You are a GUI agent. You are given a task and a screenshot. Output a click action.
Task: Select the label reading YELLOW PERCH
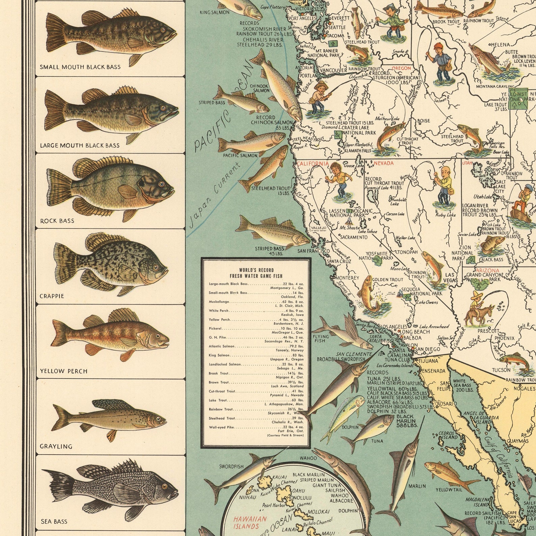64,371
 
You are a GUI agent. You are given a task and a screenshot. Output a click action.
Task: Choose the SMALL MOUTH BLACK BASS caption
80,67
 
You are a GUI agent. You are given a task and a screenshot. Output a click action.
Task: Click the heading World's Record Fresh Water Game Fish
256,273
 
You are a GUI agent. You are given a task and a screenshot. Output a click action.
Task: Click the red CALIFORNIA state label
313,164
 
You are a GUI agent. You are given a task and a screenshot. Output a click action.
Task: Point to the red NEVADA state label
384,163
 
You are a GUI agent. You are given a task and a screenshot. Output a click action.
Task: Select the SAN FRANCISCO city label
314,251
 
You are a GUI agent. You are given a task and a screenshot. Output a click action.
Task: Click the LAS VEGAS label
452,277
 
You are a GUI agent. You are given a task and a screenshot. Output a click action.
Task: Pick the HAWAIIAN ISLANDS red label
250,522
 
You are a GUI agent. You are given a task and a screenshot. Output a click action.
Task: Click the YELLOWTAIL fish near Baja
449,476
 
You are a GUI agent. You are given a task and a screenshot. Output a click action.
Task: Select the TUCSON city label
501,370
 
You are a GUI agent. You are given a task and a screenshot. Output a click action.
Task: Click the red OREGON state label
401,68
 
